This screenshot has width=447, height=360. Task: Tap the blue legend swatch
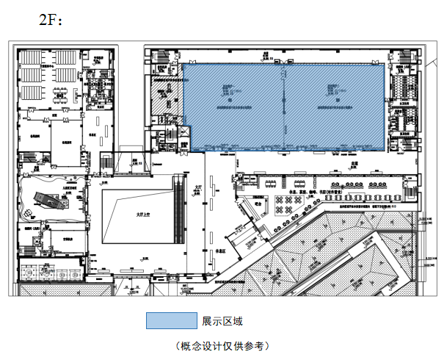170,321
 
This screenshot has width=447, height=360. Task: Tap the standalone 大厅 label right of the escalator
199,187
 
